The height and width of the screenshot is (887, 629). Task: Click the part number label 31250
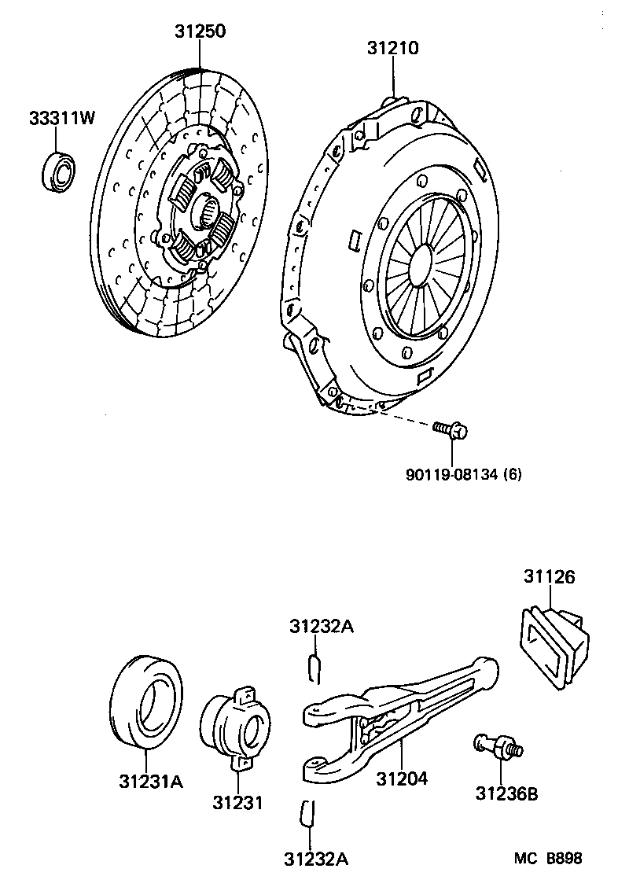[x=200, y=31]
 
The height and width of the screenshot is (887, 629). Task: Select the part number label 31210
[x=392, y=48]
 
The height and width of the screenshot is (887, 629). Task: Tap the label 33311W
[x=61, y=119]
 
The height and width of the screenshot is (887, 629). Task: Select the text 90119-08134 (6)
[x=464, y=474]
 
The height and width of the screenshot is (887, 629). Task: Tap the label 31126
[x=550, y=577]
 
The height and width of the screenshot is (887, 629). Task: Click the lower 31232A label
[x=314, y=859]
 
